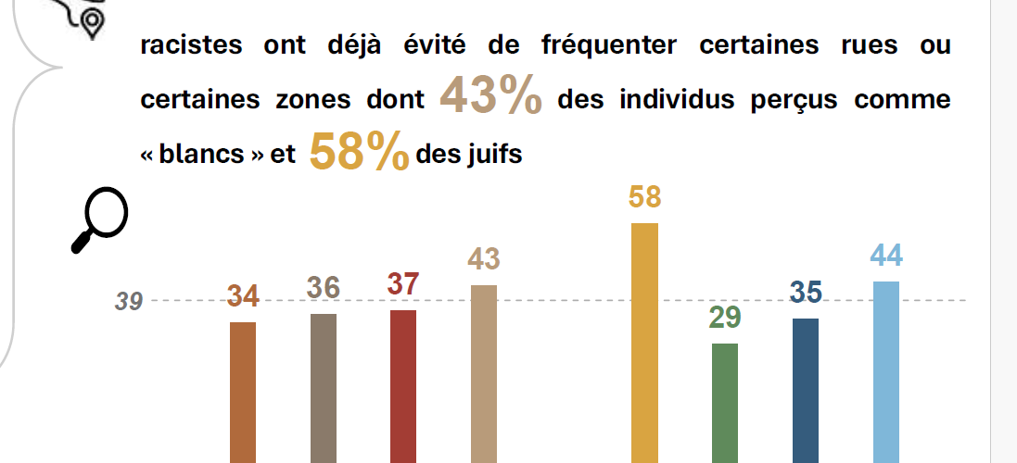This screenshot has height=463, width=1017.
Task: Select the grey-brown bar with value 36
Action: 323,388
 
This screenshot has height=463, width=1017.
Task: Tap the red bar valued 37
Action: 403,386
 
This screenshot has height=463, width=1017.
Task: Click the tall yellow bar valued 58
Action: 644,343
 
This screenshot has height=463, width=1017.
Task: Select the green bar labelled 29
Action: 725,403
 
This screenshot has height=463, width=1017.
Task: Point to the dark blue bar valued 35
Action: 806,390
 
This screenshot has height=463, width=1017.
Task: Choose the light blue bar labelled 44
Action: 886,371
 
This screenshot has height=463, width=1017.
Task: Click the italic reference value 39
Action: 129,301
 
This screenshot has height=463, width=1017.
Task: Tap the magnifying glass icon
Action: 99,219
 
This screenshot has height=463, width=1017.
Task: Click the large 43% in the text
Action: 490,97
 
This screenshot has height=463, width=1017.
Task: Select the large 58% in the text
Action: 359,153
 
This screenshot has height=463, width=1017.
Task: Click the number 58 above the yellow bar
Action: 644,198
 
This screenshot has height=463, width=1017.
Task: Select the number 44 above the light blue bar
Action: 886,257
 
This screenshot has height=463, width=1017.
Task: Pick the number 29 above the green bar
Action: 725,318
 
